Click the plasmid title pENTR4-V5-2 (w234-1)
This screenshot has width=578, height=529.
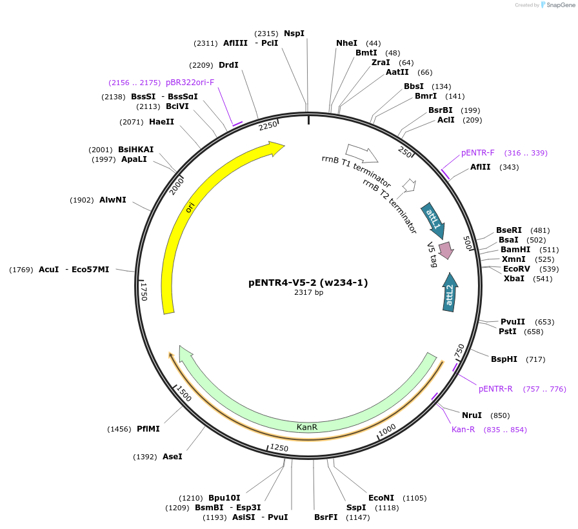click(x=308, y=283)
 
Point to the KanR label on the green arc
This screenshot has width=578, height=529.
click(x=306, y=427)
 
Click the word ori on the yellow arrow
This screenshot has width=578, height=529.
click(x=190, y=207)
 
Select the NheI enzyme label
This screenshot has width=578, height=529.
click(x=346, y=43)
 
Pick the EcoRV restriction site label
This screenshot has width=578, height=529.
click(x=517, y=269)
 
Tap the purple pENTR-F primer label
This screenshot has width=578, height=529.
click(x=477, y=153)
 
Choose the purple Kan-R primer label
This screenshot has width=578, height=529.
click(x=463, y=430)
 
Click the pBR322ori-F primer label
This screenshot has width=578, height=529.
click(x=190, y=83)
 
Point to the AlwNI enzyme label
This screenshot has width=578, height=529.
click(x=113, y=200)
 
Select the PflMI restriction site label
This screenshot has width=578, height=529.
click(x=148, y=428)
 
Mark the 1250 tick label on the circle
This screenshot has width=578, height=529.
click(x=279, y=448)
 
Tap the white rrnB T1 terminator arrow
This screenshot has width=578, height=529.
click(x=362, y=154)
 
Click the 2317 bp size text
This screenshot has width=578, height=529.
click(x=308, y=293)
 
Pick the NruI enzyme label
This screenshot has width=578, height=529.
click(x=472, y=415)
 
